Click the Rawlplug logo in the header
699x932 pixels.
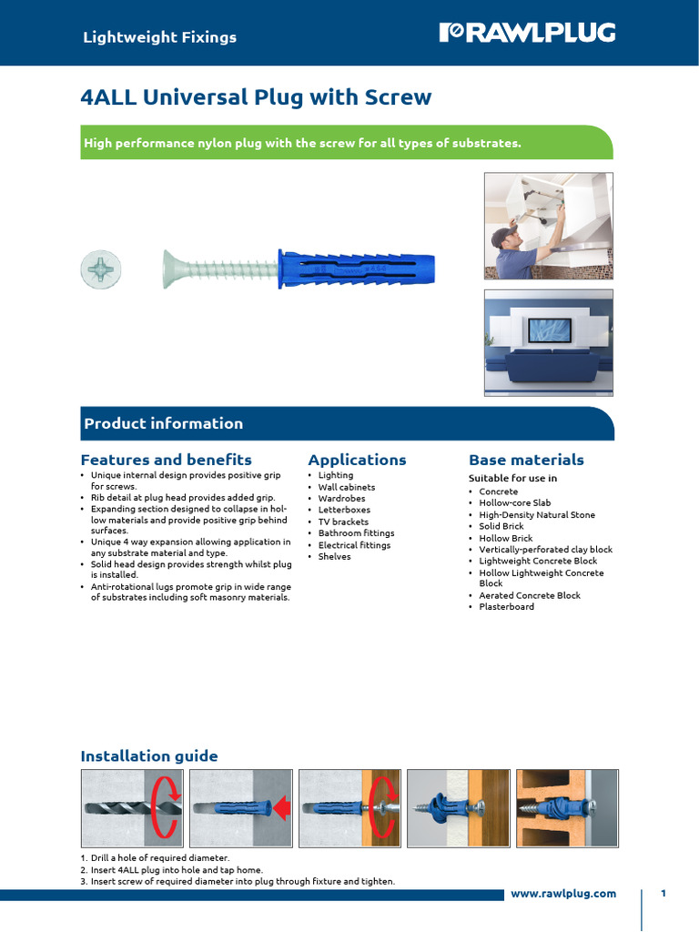tap(527, 34)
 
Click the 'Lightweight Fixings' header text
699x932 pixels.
tap(159, 37)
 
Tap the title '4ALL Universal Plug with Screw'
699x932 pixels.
tap(256, 97)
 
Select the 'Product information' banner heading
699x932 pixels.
tap(164, 423)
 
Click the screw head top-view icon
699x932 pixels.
tap(100, 268)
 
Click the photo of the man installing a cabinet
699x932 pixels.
tap(548, 226)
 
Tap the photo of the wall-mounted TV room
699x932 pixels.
tap(548, 343)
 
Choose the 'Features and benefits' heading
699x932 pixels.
tap(166, 460)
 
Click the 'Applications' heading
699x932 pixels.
tap(357, 460)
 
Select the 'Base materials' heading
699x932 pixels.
tap(526, 460)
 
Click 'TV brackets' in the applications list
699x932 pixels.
tap(343, 522)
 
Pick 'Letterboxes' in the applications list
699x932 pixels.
tap(343, 510)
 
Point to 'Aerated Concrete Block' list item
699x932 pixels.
tap(530, 595)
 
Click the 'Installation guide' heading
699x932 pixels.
tap(149, 755)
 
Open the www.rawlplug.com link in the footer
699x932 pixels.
tap(563, 893)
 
